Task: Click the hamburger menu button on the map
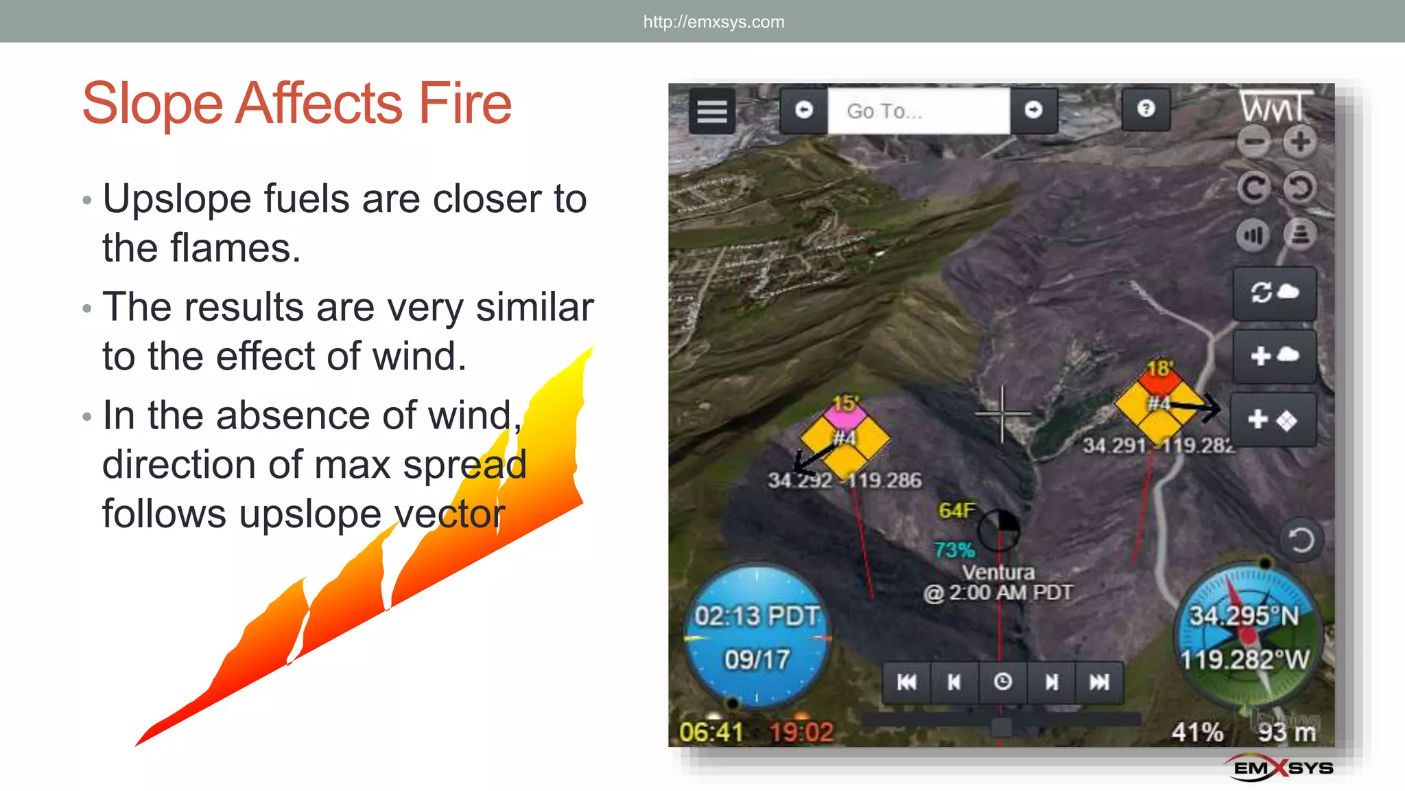[711, 111]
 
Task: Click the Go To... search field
[917, 111]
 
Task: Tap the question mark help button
[1146, 108]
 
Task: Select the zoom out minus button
[1255, 142]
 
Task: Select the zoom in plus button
[1300, 142]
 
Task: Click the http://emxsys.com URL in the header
[713, 22]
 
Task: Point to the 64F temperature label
[956, 510]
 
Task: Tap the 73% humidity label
[954, 550]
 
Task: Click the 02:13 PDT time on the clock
[757, 616]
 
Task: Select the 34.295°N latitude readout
[1243, 616]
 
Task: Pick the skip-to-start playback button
[906, 682]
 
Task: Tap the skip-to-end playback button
[1099, 682]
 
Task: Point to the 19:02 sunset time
[801, 732]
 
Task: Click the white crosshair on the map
[1002, 413]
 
